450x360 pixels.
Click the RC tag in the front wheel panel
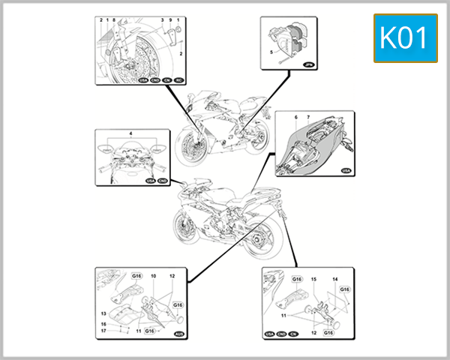179,79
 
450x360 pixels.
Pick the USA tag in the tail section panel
345,171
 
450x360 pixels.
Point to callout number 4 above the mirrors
130,133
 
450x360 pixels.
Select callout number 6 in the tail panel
296,118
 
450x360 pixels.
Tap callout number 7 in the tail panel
307,118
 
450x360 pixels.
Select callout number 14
334,279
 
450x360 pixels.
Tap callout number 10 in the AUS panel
153,277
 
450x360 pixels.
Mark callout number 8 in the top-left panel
113,20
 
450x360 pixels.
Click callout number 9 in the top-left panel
171,20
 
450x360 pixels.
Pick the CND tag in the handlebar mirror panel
161,181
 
